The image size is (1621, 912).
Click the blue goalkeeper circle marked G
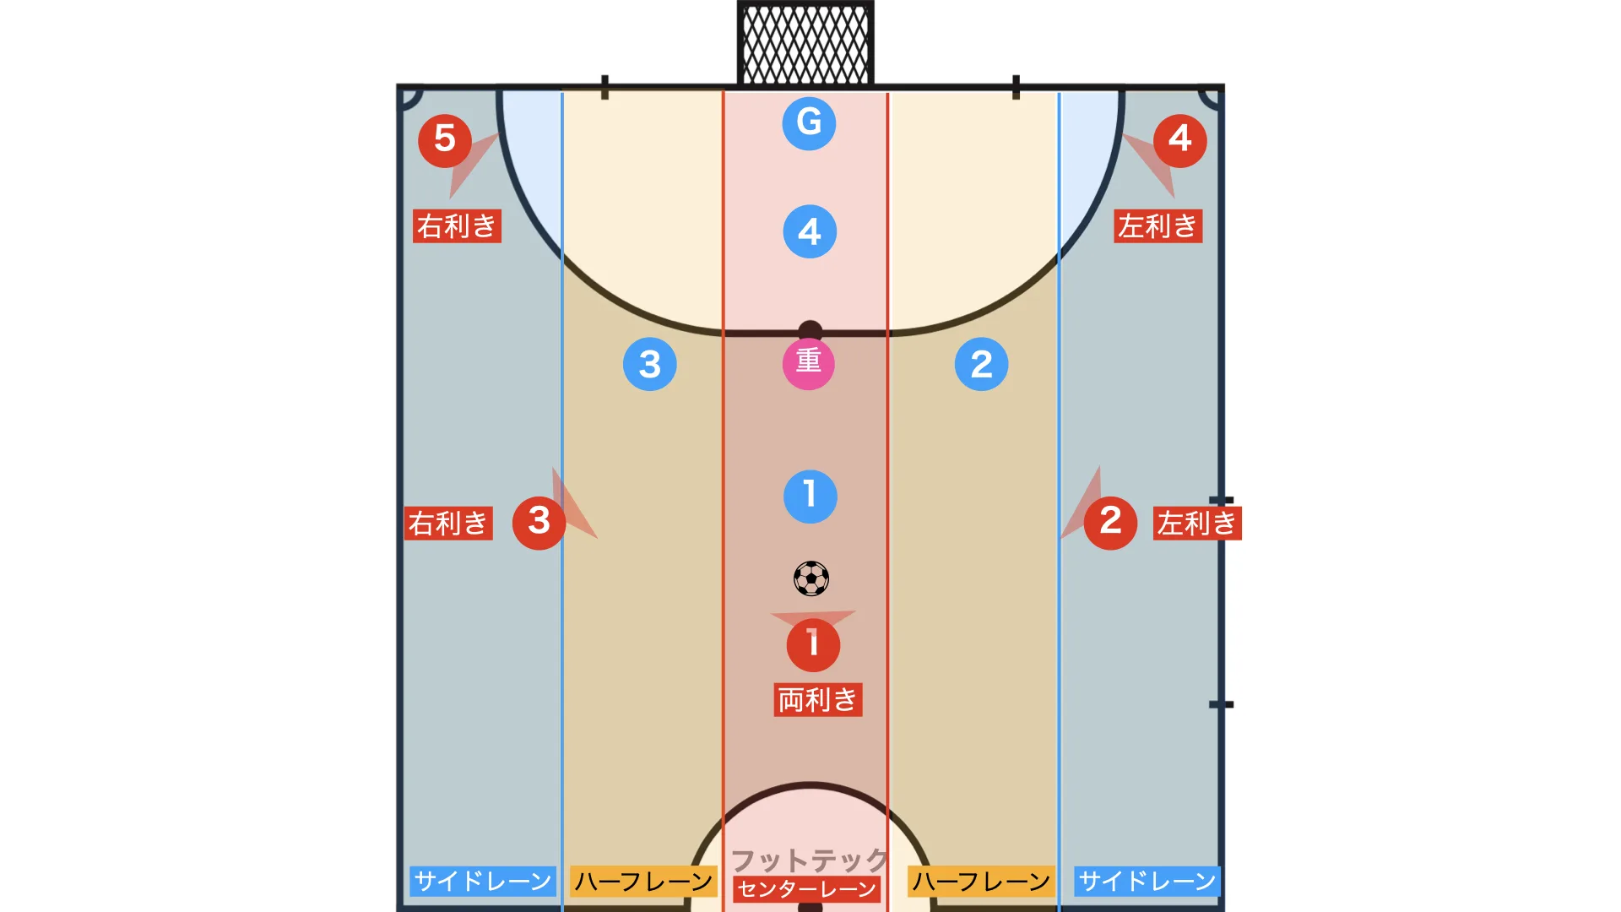point(809,123)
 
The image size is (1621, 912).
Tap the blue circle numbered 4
point(810,231)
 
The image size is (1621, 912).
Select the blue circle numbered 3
point(649,364)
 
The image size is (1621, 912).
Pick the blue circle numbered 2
point(981,364)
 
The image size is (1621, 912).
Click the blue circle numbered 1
point(810,497)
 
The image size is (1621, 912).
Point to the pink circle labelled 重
point(809,363)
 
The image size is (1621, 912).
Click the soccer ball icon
point(811,578)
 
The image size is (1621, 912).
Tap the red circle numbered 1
point(813,644)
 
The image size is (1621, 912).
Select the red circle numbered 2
point(1110,523)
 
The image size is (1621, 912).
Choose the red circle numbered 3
point(539,523)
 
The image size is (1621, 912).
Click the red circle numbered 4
point(1179,140)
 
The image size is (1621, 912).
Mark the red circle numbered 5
point(445,140)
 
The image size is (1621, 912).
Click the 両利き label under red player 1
point(817,700)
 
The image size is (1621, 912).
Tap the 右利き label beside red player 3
point(448,524)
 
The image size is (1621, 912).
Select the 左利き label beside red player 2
point(1197,524)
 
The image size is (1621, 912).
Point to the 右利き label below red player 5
point(457,226)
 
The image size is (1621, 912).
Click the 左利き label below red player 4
point(1158,226)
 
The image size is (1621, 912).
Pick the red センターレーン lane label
point(807,889)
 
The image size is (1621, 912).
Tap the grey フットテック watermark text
point(810,860)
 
